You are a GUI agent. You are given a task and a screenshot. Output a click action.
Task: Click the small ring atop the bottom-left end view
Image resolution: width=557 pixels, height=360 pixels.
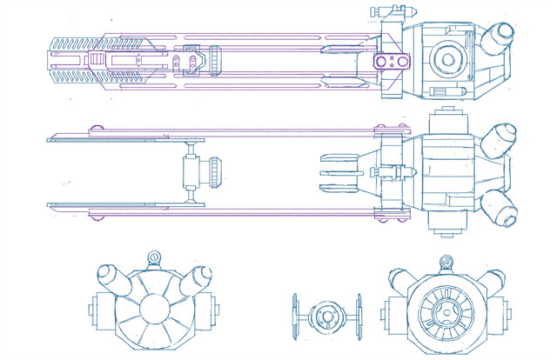click(153, 258)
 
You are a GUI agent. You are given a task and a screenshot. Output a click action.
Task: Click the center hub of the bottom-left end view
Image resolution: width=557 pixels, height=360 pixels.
click(155, 307)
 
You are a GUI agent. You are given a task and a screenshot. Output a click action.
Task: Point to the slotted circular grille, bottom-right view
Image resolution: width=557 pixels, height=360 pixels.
click(446, 308)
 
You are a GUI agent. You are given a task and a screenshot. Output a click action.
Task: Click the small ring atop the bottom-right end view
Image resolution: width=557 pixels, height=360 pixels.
click(446, 260)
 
